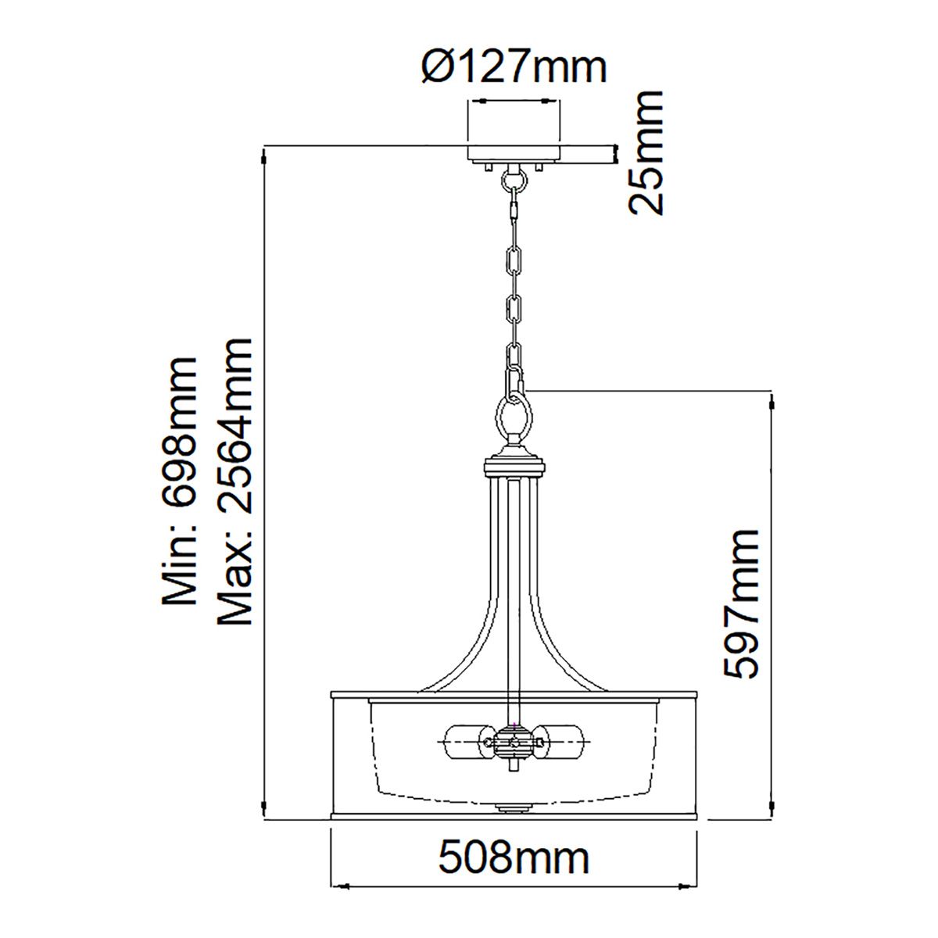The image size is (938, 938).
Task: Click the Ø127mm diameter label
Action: pyautogui.click(x=514, y=68)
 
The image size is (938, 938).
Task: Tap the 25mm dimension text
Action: pyautogui.click(x=646, y=152)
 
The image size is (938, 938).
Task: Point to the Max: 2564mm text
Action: pyautogui.click(x=235, y=482)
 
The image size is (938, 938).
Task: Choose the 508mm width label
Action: pyautogui.click(x=514, y=858)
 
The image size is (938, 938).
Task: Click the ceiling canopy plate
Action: pyautogui.click(x=514, y=153)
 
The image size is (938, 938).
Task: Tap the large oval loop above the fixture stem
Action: pyautogui.click(x=514, y=418)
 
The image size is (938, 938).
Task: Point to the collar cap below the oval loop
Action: pyautogui.click(x=514, y=465)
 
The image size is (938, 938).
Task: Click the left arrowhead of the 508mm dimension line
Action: pyautogui.click(x=338, y=886)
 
